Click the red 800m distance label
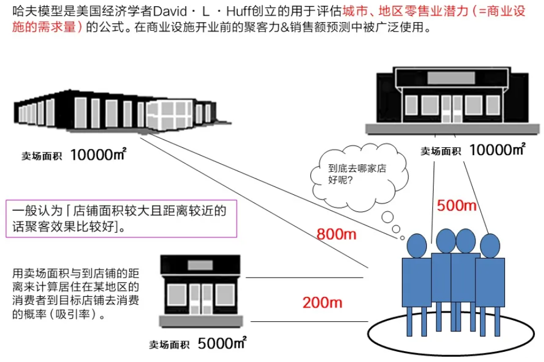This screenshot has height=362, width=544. point(336,233)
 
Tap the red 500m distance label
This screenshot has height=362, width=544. point(457,205)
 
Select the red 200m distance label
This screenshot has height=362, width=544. point(322,303)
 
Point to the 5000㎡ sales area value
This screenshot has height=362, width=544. point(222,342)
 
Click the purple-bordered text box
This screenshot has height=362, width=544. point(120,219)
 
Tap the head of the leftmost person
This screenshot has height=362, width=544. point(417,245)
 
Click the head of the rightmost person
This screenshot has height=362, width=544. point(490,245)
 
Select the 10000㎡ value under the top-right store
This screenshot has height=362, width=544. point(497,150)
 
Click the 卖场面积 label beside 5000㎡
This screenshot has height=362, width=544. point(169,344)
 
